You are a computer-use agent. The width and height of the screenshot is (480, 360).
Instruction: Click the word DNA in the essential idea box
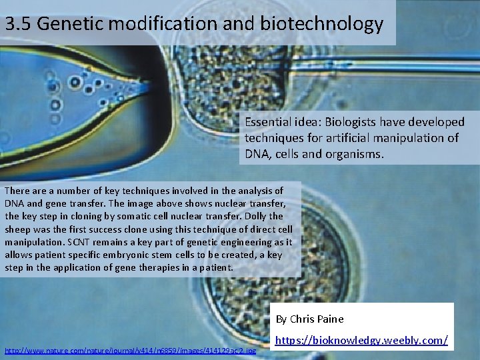pos(257,154)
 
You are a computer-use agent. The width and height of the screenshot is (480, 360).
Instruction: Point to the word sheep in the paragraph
pos(18,229)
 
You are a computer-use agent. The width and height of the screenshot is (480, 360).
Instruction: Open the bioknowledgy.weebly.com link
pos(361,341)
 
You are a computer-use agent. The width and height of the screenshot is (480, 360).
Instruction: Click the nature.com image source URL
pos(130,350)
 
